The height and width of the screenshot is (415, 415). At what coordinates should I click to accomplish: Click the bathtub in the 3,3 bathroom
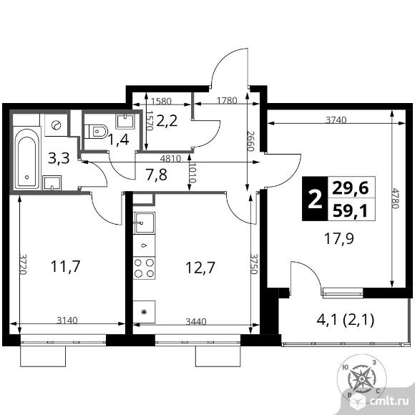(26, 159)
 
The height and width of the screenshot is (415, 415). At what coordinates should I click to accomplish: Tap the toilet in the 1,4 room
(96, 131)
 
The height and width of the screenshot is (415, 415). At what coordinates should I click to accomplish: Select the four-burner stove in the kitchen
(145, 268)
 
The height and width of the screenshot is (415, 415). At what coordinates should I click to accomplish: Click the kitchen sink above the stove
(145, 223)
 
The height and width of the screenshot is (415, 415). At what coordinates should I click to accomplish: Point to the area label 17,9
(339, 239)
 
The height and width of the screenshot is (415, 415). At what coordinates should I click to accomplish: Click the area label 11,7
(65, 266)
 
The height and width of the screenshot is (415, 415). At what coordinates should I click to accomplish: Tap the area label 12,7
(200, 268)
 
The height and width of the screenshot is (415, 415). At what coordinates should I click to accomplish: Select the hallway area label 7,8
(157, 175)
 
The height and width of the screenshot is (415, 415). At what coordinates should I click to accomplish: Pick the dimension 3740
(336, 120)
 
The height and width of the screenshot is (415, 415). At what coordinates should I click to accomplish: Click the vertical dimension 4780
(396, 198)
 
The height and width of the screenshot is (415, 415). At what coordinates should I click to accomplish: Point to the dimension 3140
(67, 321)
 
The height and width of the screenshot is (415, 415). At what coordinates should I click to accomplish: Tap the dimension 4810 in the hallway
(171, 159)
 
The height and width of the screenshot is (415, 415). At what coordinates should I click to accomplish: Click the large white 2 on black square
(315, 198)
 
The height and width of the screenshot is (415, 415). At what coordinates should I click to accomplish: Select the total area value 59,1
(351, 211)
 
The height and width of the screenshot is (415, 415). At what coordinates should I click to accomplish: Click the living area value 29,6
(351, 188)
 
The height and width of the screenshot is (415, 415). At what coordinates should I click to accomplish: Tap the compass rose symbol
(361, 379)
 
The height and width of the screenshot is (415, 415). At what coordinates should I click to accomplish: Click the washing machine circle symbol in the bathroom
(56, 125)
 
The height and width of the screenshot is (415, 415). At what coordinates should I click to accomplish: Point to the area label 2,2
(167, 121)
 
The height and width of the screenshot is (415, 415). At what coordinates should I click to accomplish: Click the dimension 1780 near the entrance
(227, 101)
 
